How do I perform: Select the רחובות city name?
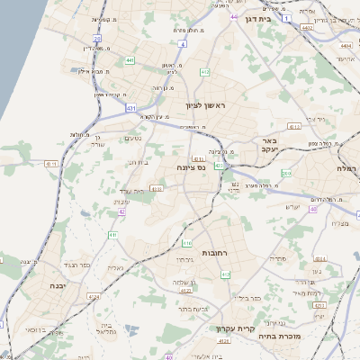click(x=219, y=253)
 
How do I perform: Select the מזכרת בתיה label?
click(x=302, y=336)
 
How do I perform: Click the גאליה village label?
click(x=115, y=268)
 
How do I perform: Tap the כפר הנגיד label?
click(x=76, y=265)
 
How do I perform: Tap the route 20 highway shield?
click(x=96, y=39)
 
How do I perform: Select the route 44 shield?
click(x=233, y=16)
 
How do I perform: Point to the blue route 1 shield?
click(x=286, y=18)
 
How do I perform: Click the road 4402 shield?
click(x=307, y=28)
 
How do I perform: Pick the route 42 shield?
click(x=121, y=212)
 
